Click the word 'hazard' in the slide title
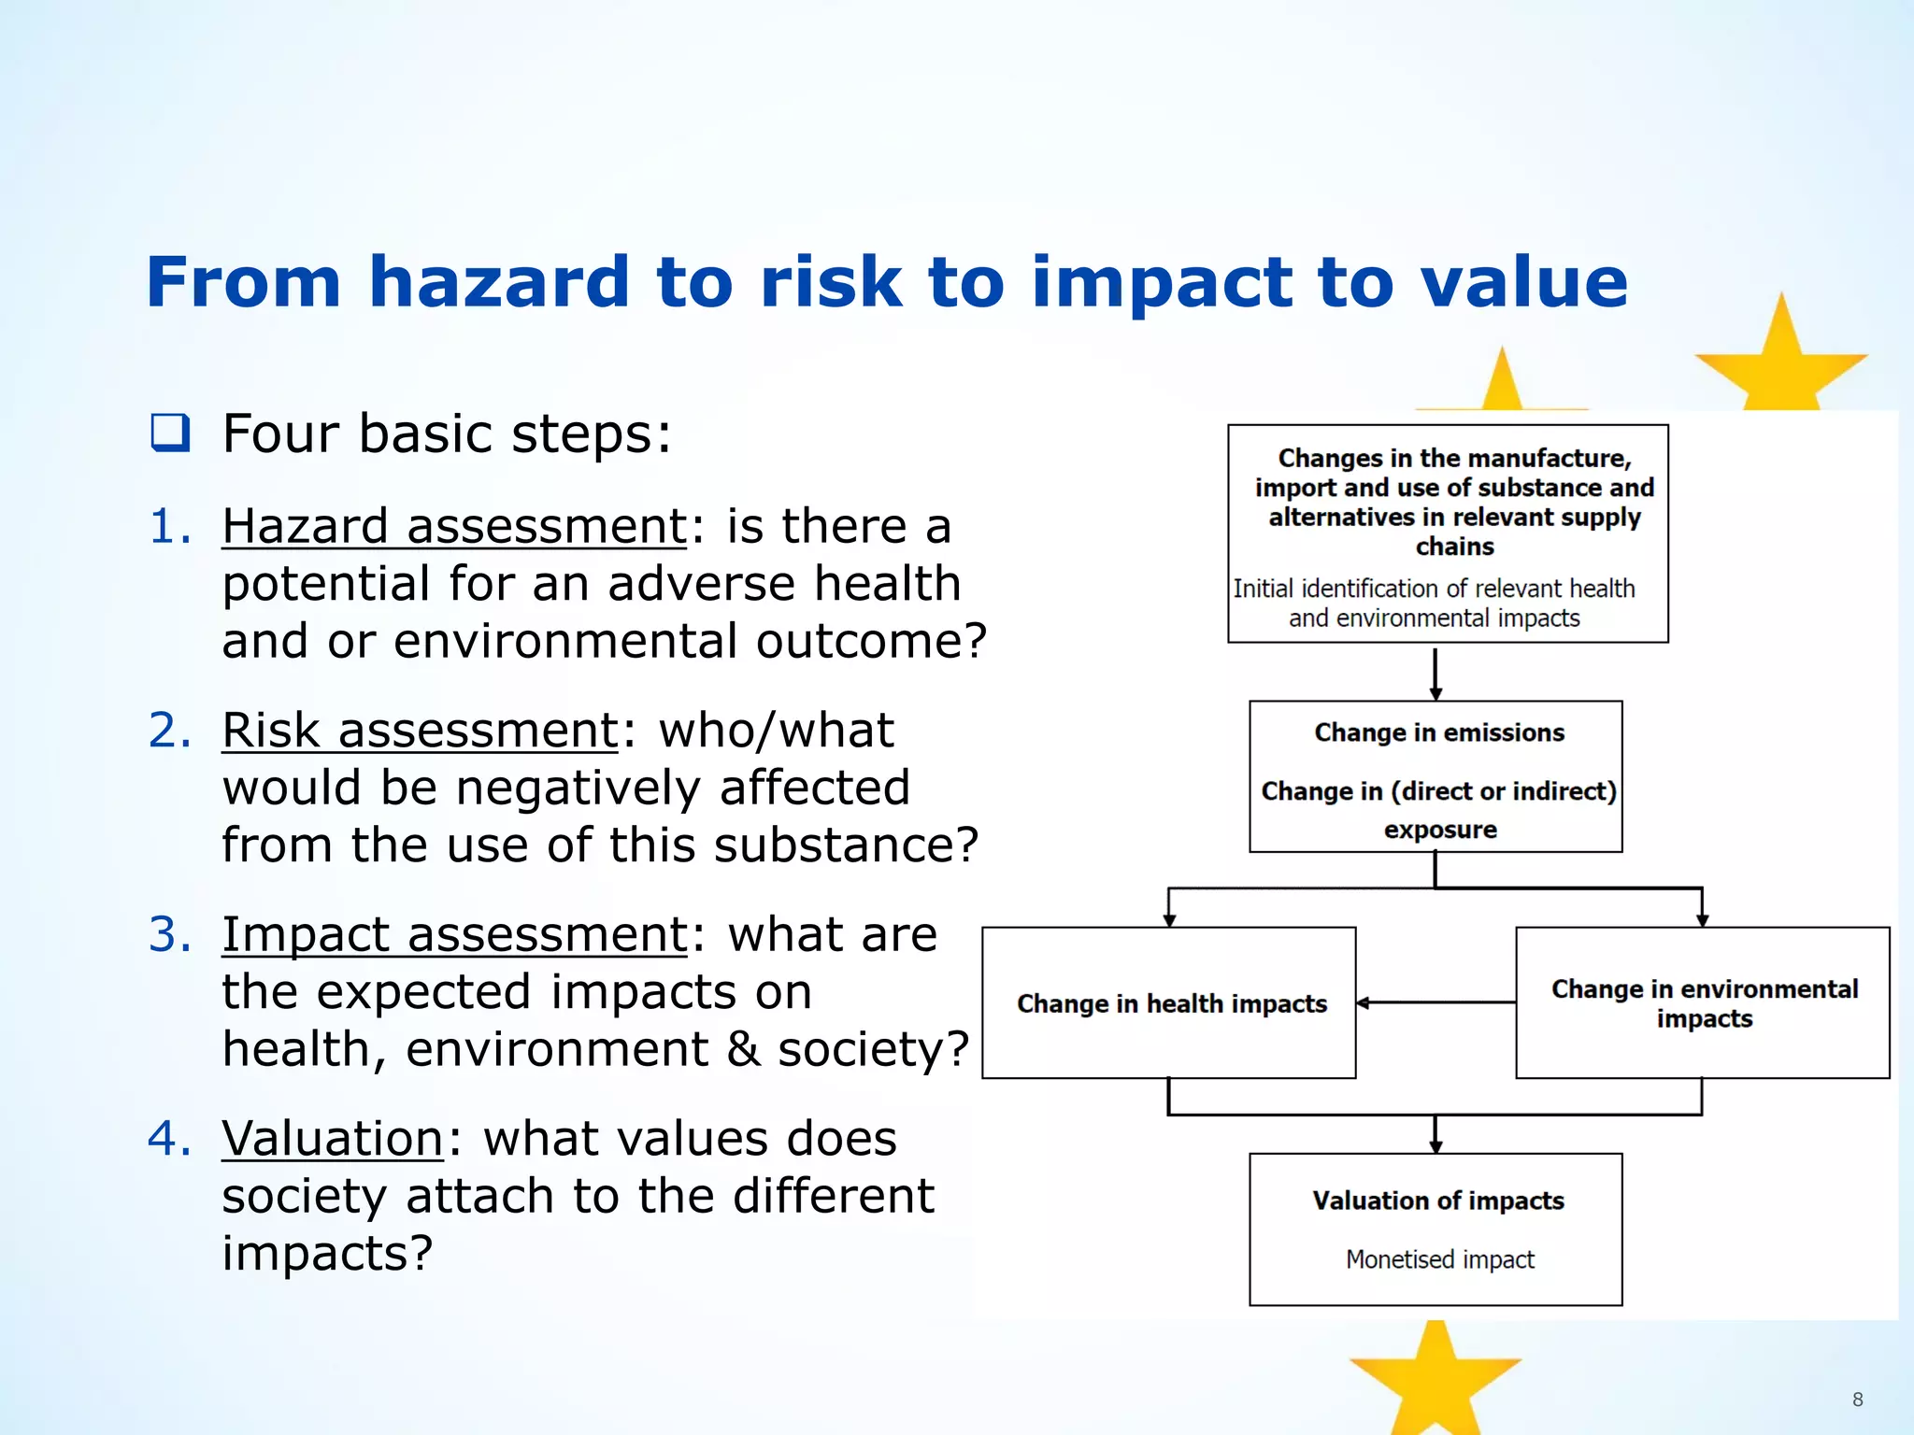coord(499,282)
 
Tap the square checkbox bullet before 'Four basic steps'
coord(170,433)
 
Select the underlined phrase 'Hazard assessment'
coord(454,526)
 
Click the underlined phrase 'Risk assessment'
coord(420,730)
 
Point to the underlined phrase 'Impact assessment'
coord(454,934)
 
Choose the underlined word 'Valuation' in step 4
coord(332,1138)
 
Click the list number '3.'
coord(169,934)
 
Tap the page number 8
coord(1857,1399)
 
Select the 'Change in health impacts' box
coord(1169,1003)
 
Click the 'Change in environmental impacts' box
coord(1703,1003)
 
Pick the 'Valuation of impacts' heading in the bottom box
coord(1437,1201)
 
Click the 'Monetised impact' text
coord(1439,1259)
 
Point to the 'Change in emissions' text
coord(1438,732)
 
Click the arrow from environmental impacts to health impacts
coord(1435,1002)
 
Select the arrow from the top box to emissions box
coord(1435,673)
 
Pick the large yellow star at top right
coord(1781,360)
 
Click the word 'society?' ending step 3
coord(874,1049)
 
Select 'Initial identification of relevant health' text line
coord(1434,589)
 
